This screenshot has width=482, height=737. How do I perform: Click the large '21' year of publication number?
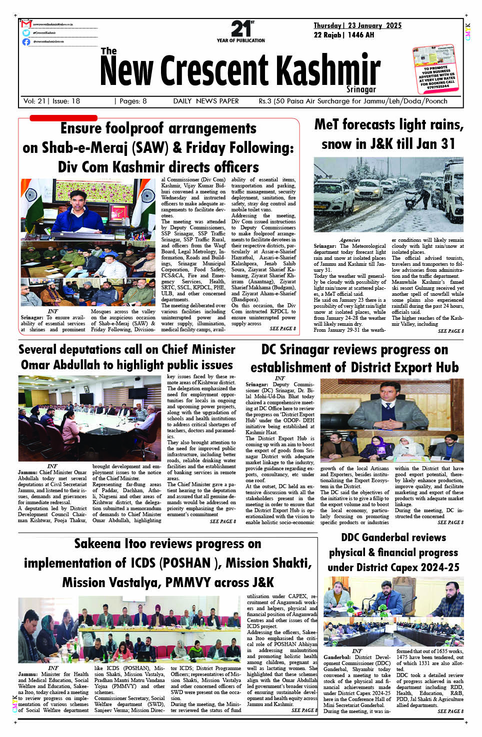tap(240, 28)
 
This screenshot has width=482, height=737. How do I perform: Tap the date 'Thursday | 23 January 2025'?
tap(357, 25)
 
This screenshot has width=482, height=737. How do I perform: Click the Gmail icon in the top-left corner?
tap(26, 24)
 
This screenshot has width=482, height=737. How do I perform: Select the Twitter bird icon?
tap(26, 33)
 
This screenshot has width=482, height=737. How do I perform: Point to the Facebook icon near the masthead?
tap(26, 41)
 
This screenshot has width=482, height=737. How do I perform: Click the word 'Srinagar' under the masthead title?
tap(361, 89)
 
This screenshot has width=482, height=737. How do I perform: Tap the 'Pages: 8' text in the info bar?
tap(131, 101)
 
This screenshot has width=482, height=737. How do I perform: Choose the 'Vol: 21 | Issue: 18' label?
tap(52, 101)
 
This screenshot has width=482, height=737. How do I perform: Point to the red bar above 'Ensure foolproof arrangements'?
tap(63, 118)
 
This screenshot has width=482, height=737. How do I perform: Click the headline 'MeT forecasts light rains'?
tap(388, 124)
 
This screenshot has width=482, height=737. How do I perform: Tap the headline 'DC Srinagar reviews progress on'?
tap(354, 350)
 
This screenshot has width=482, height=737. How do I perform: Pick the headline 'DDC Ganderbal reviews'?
tap(393, 538)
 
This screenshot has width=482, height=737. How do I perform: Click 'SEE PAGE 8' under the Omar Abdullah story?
tap(222, 521)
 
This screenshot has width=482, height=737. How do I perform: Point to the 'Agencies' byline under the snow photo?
tap(349, 240)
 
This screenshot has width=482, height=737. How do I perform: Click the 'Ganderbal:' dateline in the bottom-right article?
tap(337, 657)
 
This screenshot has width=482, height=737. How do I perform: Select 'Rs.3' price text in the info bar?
tap(265, 101)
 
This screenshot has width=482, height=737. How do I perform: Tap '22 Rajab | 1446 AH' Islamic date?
tap(344, 35)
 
